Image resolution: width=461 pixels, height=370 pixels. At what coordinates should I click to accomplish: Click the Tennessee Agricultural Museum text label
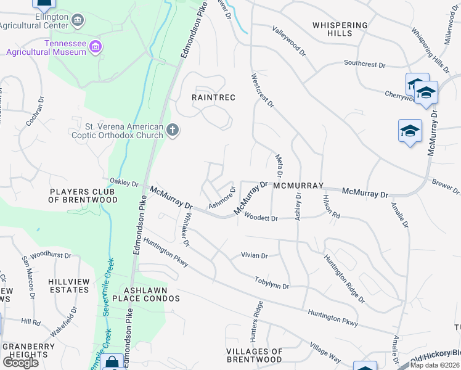point(46,47)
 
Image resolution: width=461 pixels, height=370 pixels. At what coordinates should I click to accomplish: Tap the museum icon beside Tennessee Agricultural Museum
point(95,46)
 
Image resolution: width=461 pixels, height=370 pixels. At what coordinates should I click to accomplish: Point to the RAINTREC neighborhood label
point(213,98)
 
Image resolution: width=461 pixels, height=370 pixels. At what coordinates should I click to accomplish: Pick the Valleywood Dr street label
point(289,41)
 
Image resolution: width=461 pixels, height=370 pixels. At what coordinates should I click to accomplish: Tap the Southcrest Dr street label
point(364,64)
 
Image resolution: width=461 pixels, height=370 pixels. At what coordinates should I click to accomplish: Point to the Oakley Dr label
point(124,183)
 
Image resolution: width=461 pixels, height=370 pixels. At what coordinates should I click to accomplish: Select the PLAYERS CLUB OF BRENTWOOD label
point(83,195)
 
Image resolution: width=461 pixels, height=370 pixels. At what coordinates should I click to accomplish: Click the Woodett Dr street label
point(261,218)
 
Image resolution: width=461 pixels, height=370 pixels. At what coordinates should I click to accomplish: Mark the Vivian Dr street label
point(255,255)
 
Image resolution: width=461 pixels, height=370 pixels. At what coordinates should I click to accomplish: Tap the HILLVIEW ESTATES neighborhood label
point(69,286)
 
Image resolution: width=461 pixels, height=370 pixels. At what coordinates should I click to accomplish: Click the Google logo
point(20,362)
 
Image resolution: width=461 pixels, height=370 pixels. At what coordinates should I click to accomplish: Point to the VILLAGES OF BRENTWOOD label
point(255,355)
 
